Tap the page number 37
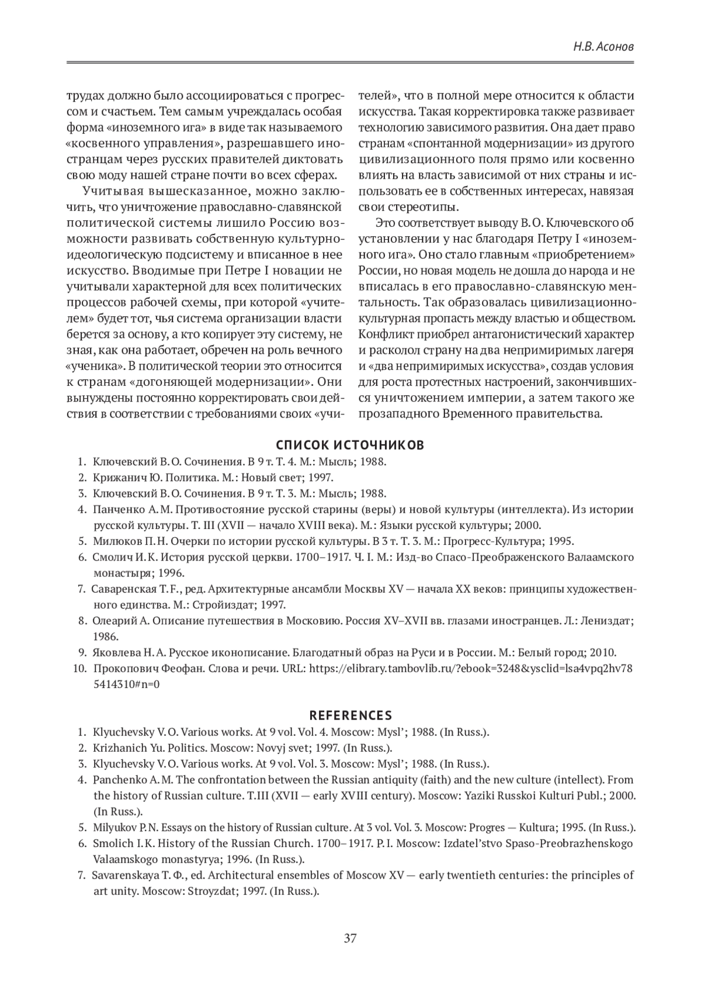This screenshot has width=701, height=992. (350, 939)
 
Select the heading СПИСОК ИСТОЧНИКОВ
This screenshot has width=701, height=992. (350, 445)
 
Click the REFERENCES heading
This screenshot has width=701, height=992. (350, 716)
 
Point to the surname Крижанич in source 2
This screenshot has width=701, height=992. (114, 477)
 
